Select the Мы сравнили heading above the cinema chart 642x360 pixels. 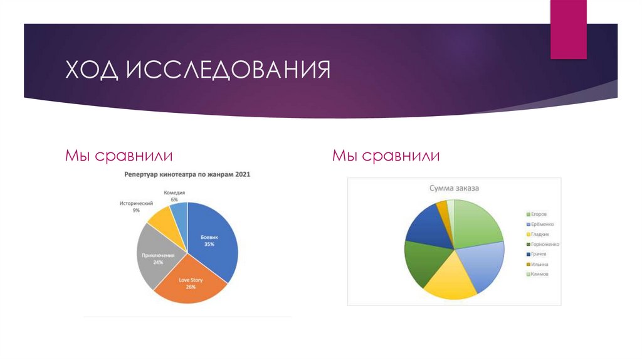tap(119, 155)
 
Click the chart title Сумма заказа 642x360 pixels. tap(454, 188)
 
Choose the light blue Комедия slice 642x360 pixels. tap(180, 214)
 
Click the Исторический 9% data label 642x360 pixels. tap(136, 207)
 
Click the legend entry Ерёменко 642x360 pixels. tap(543, 224)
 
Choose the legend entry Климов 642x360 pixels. tap(541, 274)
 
